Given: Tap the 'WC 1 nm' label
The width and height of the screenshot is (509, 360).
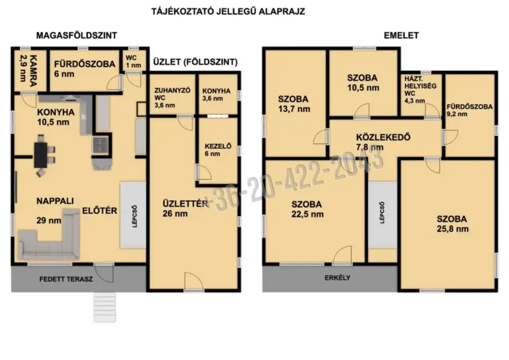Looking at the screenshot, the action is (x=133, y=61).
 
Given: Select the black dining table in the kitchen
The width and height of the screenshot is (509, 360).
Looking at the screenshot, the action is (x=41, y=155).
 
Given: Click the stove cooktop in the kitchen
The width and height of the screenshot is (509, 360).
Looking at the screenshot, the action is (x=100, y=145).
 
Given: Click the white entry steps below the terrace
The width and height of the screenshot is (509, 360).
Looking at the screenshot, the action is (x=105, y=307).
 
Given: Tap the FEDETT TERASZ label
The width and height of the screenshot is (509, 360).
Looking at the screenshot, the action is (x=66, y=279).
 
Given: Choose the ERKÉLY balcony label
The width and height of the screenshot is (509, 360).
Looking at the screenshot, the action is (x=337, y=278).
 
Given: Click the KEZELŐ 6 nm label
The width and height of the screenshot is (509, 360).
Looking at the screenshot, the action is (x=218, y=150).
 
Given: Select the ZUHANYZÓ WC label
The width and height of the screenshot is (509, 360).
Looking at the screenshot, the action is (x=172, y=98).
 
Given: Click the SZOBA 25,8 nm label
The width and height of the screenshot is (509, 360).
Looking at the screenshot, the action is (x=453, y=224).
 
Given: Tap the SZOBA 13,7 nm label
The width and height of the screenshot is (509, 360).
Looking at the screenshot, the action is (x=294, y=104).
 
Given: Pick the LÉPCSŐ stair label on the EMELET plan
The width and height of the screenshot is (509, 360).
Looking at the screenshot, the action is (x=382, y=213).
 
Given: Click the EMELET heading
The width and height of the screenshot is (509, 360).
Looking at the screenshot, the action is (x=401, y=35).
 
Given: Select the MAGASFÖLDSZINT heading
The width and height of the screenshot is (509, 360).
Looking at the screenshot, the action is (x=77, y=35).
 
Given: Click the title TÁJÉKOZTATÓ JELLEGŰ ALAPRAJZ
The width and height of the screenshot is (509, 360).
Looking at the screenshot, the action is (x=228, y=12).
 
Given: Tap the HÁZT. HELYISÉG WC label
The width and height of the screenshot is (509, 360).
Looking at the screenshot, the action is (x=420, y=90).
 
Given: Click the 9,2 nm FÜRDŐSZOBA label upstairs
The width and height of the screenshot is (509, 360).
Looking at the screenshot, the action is (x=469, y=110).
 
